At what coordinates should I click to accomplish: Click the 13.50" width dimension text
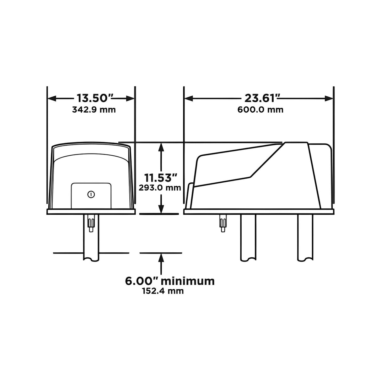click(93, 98)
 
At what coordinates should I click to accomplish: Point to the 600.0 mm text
click(260, 110)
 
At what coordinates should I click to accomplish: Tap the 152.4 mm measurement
click(163, 291)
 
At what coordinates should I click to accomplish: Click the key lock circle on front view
click(91, 195)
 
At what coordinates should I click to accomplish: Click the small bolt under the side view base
click(223, 223)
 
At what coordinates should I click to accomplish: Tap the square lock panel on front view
click(91, 196)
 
